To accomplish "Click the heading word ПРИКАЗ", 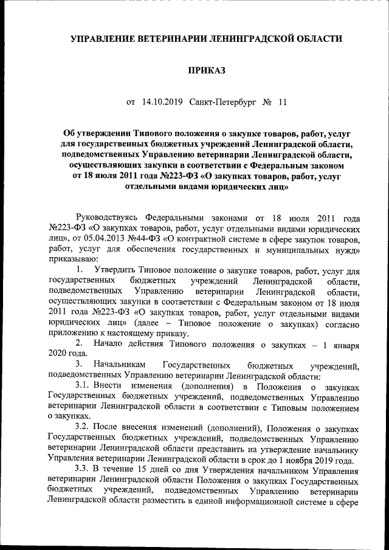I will pyautogui.click(x=206, y=71).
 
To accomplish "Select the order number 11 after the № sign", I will pyautogui.click(x=281, y=102).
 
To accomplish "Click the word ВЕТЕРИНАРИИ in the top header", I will pyautogui.click(x=172, y=39).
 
